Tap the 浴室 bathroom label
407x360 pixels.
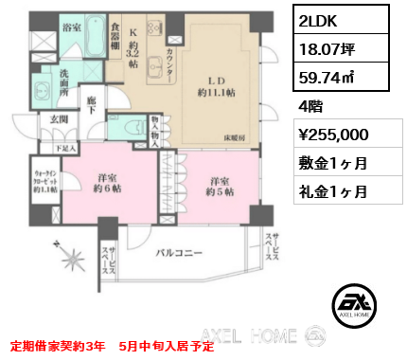pos(71,29)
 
